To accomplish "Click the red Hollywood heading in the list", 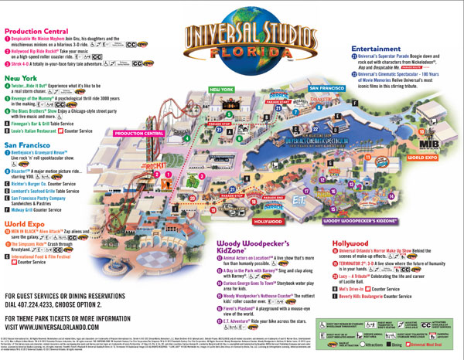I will click(x=352, y=243).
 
